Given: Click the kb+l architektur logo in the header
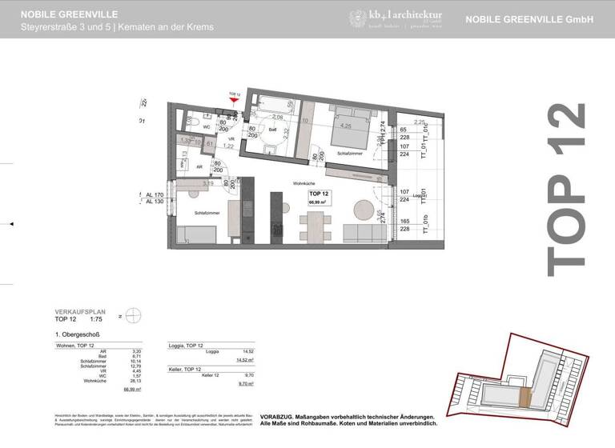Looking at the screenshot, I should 395,18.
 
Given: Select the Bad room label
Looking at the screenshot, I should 272,129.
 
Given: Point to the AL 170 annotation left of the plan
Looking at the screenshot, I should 155,194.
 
